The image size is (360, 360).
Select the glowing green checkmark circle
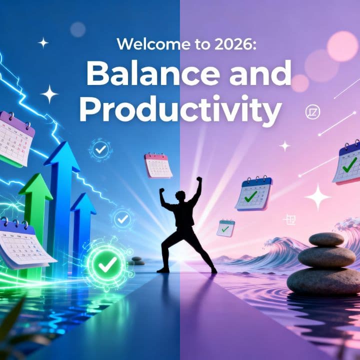click(x=106, y=264)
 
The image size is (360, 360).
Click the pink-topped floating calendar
click(x=158, y=165)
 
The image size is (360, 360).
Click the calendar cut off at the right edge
click(x=348, y=162)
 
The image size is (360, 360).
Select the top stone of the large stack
click(x=326, y=239)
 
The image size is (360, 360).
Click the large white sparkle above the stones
click(x=317, y=196)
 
